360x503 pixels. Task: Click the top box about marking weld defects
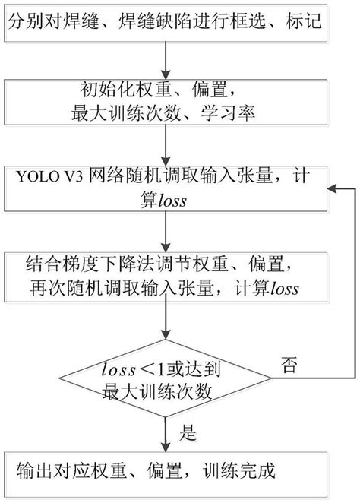(x=166, y=22)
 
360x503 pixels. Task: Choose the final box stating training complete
(x=166, y=472)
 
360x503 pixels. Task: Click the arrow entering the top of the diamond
(x=166, y=328)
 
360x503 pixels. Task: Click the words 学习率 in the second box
(x=236, y=115)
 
